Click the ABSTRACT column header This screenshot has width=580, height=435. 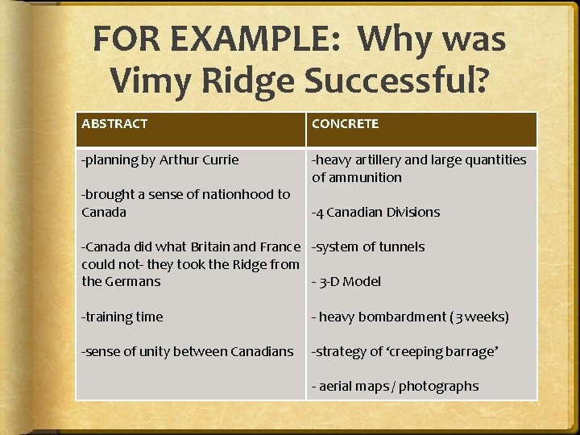pyautogui.click(x=114, y=124)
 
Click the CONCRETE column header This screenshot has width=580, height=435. pyautogui.click(x=345, y=124)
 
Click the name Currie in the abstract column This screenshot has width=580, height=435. pyautogui.click(x=219, y=159)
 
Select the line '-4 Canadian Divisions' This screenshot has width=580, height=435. pyautogui.click(x=375, y=213)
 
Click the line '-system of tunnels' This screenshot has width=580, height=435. pyautogui.click(x=368, y=247)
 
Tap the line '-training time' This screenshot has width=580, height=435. pyautogui.click(x=122, y=317)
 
